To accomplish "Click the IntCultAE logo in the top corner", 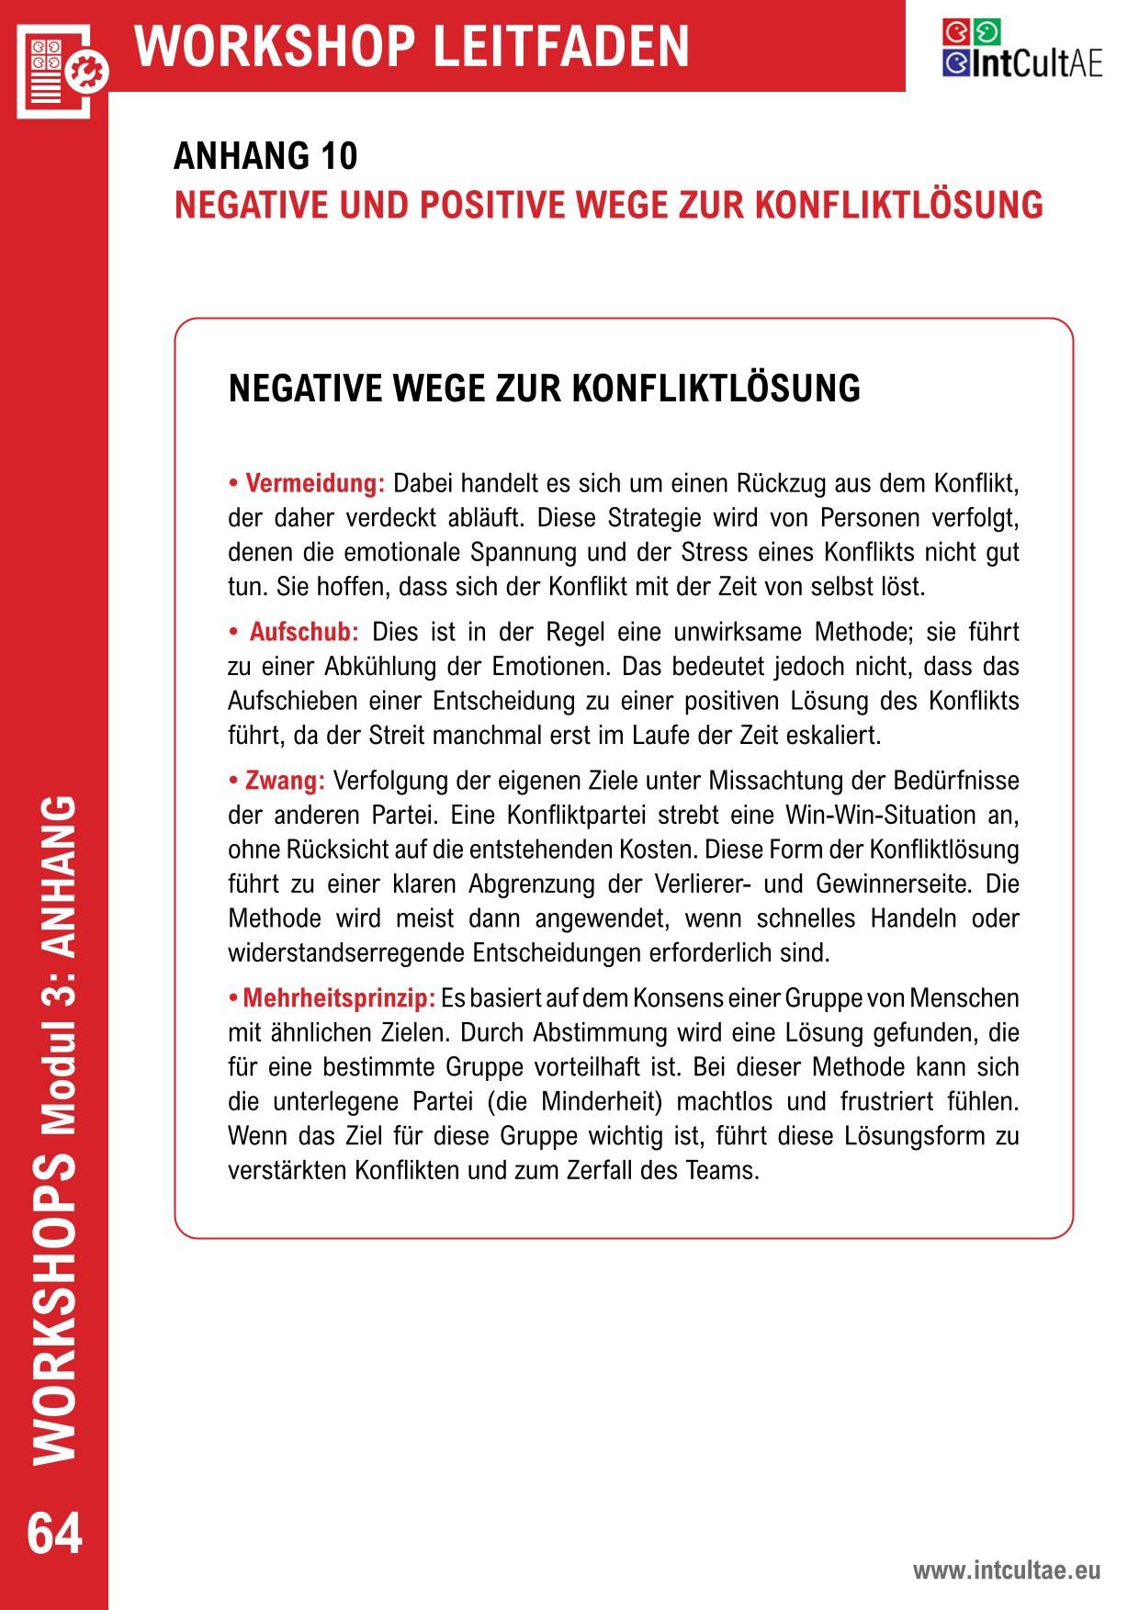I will click(x=1021, y=49).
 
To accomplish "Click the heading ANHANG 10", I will click(x=265, y=157).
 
